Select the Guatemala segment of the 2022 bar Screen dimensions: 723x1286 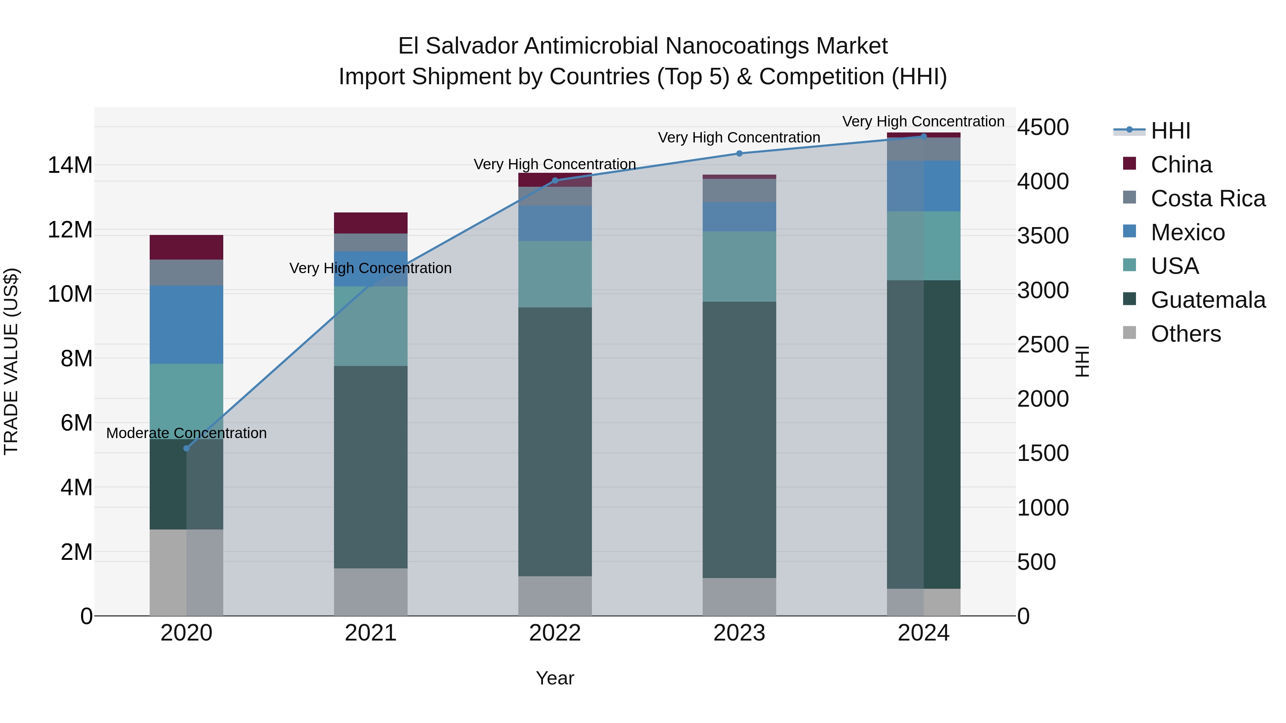point(555,442)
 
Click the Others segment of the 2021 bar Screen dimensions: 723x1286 point(370,592)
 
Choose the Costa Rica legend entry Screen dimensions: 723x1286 point(1208,198)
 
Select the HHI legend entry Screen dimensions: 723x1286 point(1170,131)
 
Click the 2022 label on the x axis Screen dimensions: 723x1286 point(555,633)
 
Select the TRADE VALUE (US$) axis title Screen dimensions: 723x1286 point(11,361)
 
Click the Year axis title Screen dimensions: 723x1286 point(555,678)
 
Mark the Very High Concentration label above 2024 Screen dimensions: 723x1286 point(923,121)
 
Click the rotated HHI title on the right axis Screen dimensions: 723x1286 point(1081,361)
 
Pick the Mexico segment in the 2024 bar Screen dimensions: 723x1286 point(923,186)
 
